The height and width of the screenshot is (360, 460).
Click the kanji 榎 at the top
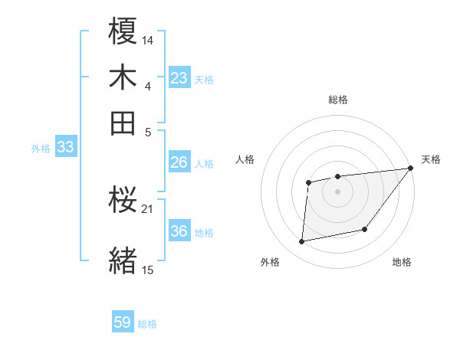point(123,33)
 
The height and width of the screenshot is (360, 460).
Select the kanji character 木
point(123,77)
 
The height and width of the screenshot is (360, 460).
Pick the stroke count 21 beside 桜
point(148,208)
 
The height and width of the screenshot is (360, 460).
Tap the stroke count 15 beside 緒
point(148,269)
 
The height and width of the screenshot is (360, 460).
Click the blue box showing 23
point(179,78)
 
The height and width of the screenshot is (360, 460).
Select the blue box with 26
point(179,162)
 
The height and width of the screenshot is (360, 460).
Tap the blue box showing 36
point(179,231)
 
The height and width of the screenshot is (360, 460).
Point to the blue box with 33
point(65,148)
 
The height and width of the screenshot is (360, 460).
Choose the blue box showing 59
point(123,322)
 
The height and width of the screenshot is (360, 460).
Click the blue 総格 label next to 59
point(147,324)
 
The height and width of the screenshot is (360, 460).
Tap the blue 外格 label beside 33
point(41,149)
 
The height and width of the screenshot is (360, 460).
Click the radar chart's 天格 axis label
point(431,159)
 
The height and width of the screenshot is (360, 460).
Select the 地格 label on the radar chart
point(402,263)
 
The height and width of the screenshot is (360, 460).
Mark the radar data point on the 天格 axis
point(412,169)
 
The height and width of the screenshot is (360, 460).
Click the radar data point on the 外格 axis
point(302,242)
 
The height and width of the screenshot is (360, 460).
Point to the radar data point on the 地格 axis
point(365,229)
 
